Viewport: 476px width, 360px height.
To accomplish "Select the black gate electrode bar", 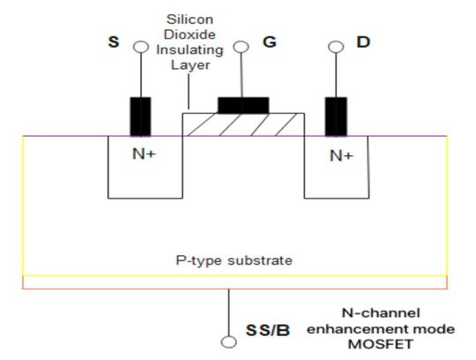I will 242,105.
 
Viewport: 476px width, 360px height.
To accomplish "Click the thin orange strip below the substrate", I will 234,282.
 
